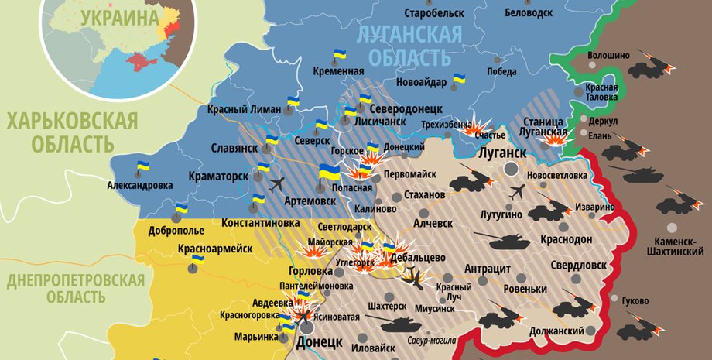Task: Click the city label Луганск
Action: (x=503, y=153)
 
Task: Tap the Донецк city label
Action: (x=318, y=341)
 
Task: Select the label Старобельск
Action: (x=434, y=13)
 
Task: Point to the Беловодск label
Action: (x=529, y=13)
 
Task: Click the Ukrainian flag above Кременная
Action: (x=339, y=57)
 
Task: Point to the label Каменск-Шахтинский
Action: (x=671, y=246)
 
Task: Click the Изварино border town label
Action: (x=595, y=208)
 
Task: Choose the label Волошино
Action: (x=608, y=56)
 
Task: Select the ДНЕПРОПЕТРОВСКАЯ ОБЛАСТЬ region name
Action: (x=75, y=288)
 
